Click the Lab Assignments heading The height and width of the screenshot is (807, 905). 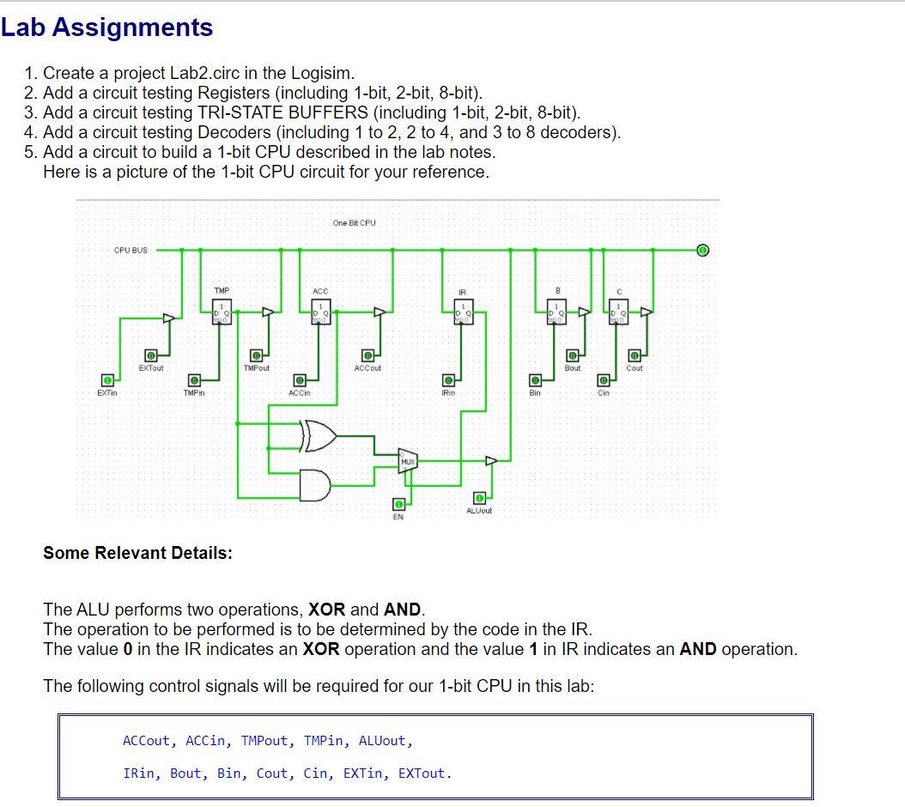point(106,27)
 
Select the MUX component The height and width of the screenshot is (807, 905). point(408,461)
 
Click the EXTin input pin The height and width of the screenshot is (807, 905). point(107,379)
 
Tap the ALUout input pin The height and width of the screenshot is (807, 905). point(479,498)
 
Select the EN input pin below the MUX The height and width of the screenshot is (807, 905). point(398,505)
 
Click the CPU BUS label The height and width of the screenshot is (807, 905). point(131,251)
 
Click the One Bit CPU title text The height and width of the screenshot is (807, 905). point(354,223)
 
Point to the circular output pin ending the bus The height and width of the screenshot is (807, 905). point(702,251)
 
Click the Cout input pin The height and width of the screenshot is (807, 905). point(635,355)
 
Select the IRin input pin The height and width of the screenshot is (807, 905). point(448,379)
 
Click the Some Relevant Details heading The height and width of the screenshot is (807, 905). point(137,553)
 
